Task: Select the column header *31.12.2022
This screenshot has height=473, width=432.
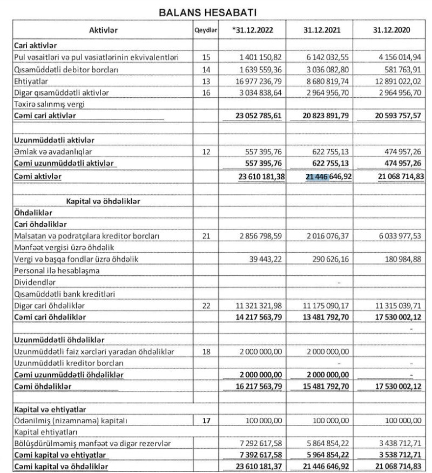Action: (x=253, y=31)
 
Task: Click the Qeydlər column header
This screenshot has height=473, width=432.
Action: (x=205, y=31)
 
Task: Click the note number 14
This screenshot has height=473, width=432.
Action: (x=205, y=69)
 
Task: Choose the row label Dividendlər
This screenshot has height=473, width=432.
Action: (x=34, y=282)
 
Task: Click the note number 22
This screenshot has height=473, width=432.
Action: (x=205, y=306)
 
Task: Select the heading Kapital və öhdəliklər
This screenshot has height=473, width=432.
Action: (x=104, y=200)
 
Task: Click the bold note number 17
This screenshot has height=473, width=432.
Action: (x=205, y=420)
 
